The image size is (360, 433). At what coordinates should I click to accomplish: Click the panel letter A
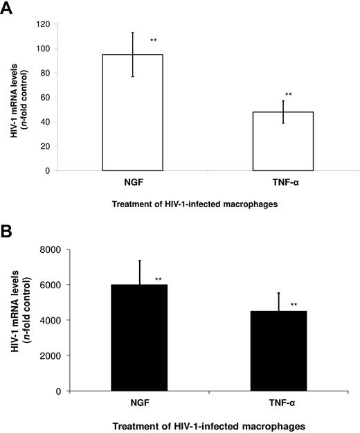[9, 9]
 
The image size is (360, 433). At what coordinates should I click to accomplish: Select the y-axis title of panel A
[21, 97]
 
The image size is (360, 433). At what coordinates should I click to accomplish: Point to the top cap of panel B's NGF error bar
[139, 260]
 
